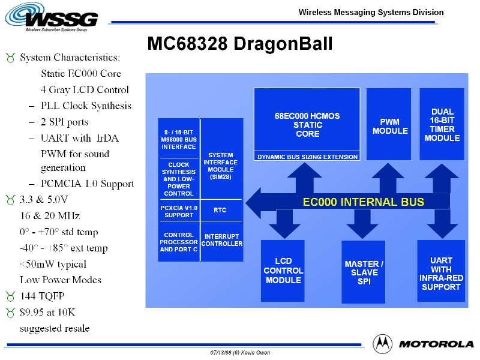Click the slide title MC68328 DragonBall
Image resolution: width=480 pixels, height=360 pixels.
point(239,44)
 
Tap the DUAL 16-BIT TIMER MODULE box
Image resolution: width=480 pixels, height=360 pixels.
point(442,124)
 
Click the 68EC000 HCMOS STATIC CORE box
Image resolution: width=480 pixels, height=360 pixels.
point(307,121)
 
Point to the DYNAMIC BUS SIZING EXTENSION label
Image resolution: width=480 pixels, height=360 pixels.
point(307,157)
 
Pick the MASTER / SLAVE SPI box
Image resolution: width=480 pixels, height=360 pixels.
point(364,272)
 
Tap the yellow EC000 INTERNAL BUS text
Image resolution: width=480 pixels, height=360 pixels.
point(363,202)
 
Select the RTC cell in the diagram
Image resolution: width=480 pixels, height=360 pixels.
point(221,211)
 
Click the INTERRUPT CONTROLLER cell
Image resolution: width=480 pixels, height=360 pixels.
point(221,240)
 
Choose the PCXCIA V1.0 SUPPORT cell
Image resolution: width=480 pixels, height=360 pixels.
point(179,211)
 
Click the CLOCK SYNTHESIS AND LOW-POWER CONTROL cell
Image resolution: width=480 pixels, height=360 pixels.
point(179,179)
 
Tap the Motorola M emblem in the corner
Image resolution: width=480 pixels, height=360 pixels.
point(383,344)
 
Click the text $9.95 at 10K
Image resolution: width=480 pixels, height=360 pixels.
point(47,312)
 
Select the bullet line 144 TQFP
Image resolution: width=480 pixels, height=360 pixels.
point(42,296)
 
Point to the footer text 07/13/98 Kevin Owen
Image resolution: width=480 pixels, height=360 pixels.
point(240,353)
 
